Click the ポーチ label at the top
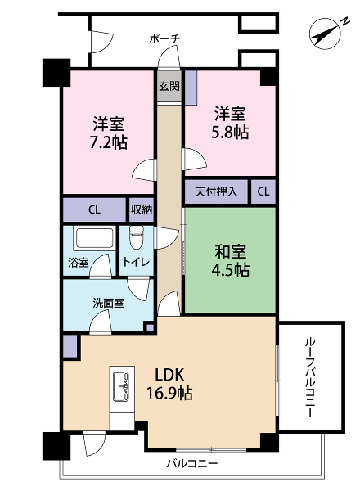[164, 39]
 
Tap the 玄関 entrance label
[169, 86]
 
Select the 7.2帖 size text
[108, 142]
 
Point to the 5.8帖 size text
[230, 132]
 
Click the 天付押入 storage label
[216, 191]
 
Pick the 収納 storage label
[142, 209]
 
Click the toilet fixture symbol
[136, 237]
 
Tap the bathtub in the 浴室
[93, 238]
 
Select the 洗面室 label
[108, 303]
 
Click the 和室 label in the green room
[230, 252]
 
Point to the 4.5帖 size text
[231, 269]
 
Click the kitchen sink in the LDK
[121, 385]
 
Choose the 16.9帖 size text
[169, 393]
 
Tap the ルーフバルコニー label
[309, 377]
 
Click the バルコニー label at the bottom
[191, 463]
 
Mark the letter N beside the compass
[344, 21]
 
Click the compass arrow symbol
[325, 34]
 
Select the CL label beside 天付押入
[263, 191]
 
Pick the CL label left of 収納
[94, 209]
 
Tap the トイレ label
[136, 262]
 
